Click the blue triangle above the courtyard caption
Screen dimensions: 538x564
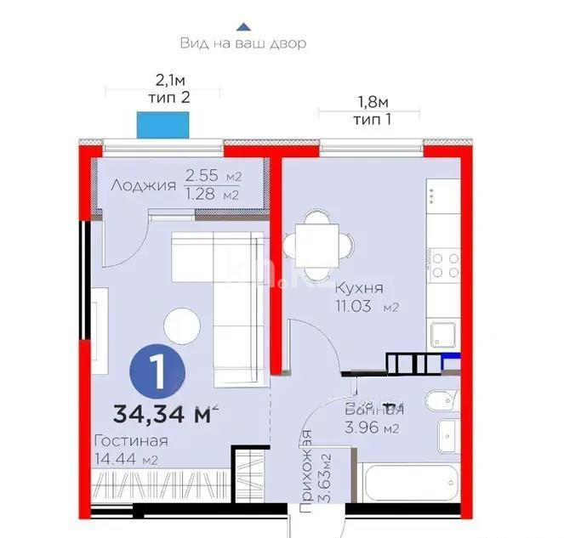pos(243,26)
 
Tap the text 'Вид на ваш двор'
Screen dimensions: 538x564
pos(243,43)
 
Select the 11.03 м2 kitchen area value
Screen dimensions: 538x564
pos(367,304)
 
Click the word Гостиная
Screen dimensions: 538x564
pos(130,441)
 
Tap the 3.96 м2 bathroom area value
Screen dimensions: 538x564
pos(372,428)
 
